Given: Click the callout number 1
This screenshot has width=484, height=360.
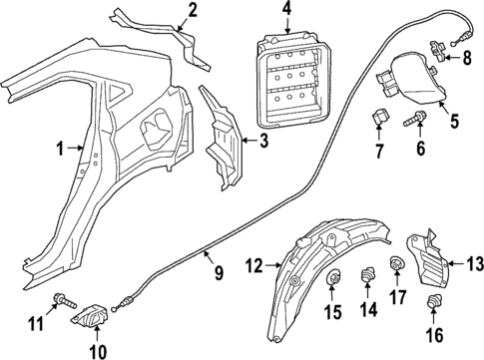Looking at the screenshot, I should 60,151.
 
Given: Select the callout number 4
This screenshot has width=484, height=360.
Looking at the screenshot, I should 285,13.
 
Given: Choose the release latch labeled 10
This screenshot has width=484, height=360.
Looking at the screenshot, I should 91,316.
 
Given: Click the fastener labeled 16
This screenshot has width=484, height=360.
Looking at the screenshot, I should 434,303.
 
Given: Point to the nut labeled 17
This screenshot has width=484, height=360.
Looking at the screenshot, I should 396,264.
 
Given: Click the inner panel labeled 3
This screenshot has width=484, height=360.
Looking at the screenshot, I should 222,140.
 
